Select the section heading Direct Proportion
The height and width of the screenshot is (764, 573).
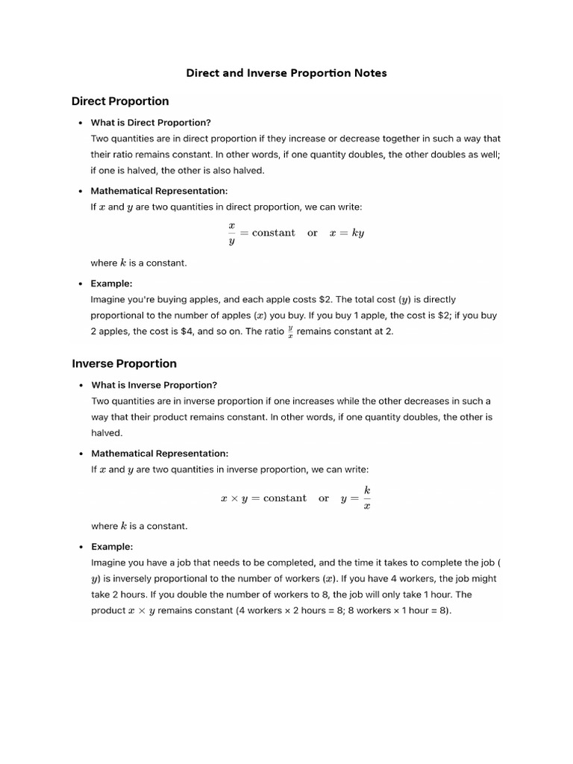click(x=120, y=101)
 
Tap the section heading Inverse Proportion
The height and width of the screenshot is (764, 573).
click(x=124, y=363)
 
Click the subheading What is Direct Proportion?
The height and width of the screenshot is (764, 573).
click(x=151, y=122)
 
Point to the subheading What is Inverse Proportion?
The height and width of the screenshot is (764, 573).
click(x=154, y=385)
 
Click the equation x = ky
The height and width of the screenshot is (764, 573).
click(x=347, y=233)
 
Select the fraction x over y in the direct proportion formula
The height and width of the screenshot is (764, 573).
click(x=231, y=233)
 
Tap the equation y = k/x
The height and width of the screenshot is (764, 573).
click(x=356, y=498)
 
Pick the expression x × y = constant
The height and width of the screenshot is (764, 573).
click(x=263, y=498)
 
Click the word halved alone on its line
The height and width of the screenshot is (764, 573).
click(x=107, y=433)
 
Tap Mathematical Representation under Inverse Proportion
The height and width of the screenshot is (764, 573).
click(x=160, y=453)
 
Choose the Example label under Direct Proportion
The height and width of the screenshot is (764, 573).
click(x=111, y=283)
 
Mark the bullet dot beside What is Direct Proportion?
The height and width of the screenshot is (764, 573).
click(x=80, y=123)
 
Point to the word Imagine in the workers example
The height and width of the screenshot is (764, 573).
click(x=110, y=563)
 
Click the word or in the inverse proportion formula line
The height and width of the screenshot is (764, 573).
click(x=324, y=498)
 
